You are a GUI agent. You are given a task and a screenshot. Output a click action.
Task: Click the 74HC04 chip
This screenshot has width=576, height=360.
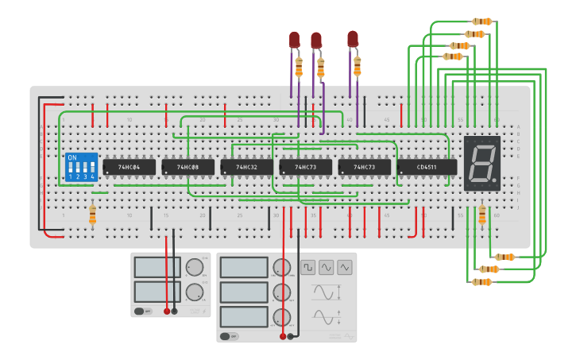click(x=129, y=167)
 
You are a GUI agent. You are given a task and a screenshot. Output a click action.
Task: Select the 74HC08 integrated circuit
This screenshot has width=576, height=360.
click(x=188, y=167)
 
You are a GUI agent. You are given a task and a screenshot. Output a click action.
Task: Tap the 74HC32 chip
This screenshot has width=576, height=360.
click(x=246, y=167)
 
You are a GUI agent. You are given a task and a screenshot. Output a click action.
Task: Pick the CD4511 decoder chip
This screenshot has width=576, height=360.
click(x=427, y=167)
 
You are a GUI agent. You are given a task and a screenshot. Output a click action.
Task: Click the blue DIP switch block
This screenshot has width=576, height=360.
click(x=82, y=167)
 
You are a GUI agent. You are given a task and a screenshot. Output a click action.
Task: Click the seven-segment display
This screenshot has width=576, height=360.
click(x=482, y=163)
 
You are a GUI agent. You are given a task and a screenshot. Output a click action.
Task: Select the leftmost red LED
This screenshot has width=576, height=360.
click(x=294, y=39)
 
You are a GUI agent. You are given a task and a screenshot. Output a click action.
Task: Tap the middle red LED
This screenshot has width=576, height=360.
click(x=316, y=40)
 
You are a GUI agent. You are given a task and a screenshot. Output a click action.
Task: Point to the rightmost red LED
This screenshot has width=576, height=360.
click(x=353, y=38)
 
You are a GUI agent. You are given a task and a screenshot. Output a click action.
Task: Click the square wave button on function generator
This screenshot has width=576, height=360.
click(x=307, y=267)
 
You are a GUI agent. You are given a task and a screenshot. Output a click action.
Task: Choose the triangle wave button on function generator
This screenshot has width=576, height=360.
click(x=326, y=267)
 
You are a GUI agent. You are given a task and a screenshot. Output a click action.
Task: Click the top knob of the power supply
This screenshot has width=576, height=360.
click(x=195, y=268)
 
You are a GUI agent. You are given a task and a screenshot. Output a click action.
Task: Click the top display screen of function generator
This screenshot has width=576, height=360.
click(x=244, y=267)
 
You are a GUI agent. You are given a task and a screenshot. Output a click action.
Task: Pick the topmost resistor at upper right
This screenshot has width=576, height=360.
click(x=482, y=21)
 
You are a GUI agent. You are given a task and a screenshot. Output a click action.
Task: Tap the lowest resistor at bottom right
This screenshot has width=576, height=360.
click(x=482, y=281)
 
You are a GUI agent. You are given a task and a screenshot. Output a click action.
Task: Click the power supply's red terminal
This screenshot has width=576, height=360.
click(x=167, y=311)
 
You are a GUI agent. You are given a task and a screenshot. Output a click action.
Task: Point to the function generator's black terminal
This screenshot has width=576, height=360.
click(x=290, y=336)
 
